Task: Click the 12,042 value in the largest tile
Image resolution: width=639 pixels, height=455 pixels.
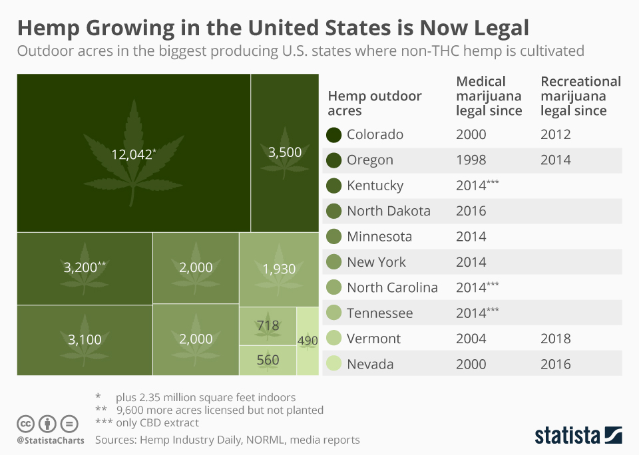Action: (x=133, y=154)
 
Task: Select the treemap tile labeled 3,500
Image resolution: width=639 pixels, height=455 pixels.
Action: (x=284, y=152)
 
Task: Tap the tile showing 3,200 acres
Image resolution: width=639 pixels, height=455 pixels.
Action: (x=85, y=267)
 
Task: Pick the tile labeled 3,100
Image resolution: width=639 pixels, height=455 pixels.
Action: (x=85, y=340)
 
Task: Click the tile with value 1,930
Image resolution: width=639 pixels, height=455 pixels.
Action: (x=279, y=269)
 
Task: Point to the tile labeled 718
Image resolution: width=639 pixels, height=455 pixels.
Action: (x=268, y=326)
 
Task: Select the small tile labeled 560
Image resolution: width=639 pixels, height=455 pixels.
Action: (x=268, y=360)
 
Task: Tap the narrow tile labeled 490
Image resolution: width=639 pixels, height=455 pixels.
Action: (x=308, y=341)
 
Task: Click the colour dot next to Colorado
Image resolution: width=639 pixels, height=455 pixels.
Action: (x=334, y=135)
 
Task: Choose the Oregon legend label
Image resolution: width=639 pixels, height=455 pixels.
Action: (x=369, y=160)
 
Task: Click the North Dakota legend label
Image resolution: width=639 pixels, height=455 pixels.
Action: (x=388, y=211)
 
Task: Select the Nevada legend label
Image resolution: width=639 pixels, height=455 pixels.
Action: (x=369, y=364)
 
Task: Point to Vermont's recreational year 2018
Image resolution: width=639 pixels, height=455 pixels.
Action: (x=555, y=339)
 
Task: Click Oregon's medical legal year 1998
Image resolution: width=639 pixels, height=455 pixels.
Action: (x=471, y=160)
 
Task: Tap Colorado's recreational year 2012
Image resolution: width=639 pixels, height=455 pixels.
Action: (x=555, y=135)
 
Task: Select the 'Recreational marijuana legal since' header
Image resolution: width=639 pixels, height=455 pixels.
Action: (x=580, y=96)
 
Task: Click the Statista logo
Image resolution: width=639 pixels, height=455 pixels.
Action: (x=578, y=436)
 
